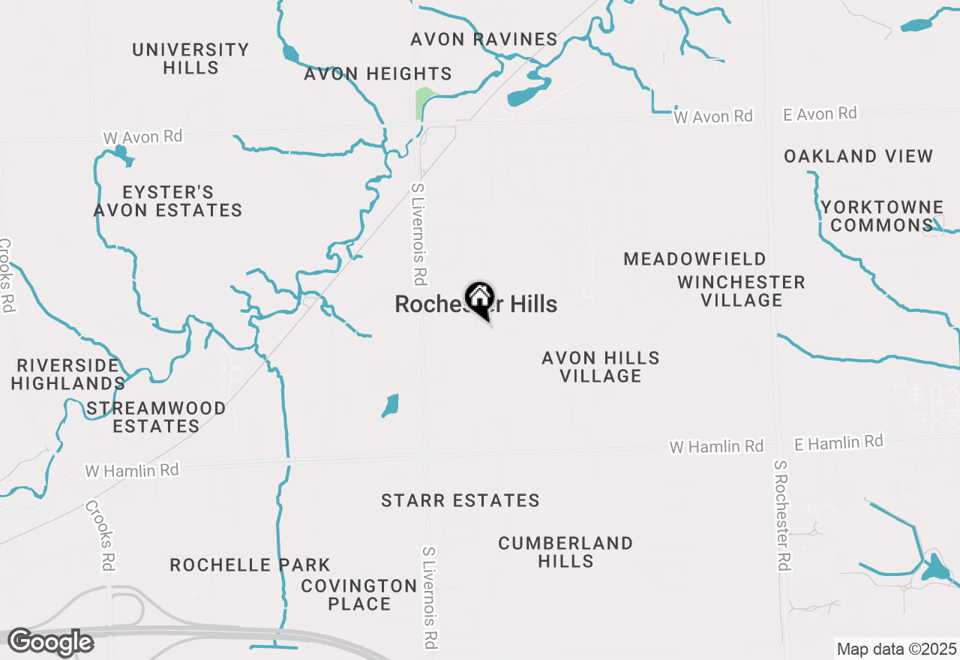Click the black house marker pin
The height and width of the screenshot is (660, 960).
pyautogui.click(x=479, y=298)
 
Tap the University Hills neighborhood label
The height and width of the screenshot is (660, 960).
pyautogui.click(x=190, y=58)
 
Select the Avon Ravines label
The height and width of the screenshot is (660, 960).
pyautogui.click(x=484, y=39)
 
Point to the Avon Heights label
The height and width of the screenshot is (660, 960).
pyautogui.click(x=378, y=73)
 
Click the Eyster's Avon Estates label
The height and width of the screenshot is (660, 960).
pyautogui.click(x=168, y=202)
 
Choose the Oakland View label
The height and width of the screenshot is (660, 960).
pyautogui.click(x=858, y=156)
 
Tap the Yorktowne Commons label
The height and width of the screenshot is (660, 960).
pyautogui.click(x=881, y=216)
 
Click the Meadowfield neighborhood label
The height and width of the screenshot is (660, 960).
pyautogui.click(x=694, y=259)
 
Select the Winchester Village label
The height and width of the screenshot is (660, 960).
pyautogui.click(x=741, y=291)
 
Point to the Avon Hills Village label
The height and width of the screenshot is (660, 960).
pyautogui.click(x=601, y=367)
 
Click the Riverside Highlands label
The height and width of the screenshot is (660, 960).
pyautogui.click(x=69, y=374)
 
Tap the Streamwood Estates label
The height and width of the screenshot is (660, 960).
pyautogui.click(x=156, y=417)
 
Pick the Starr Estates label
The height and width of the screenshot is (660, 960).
pyautogui.click(x=460, y=500)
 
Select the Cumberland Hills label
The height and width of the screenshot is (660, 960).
pyautogui.click(x=565, y=551)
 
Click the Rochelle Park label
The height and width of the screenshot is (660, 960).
pyautogui.click(x=250, y=565)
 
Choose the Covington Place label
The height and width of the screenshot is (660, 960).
pyautogui.click(x=358, y=594)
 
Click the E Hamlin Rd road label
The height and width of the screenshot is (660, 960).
pyautogui.click(x=838, y=442)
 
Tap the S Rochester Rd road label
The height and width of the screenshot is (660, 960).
pyautogui.click(x=781, y=516)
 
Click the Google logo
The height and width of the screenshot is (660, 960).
pyautogui.click(x=50, y=642)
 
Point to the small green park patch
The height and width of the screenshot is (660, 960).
pyautogui.click(x=424, y=102)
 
